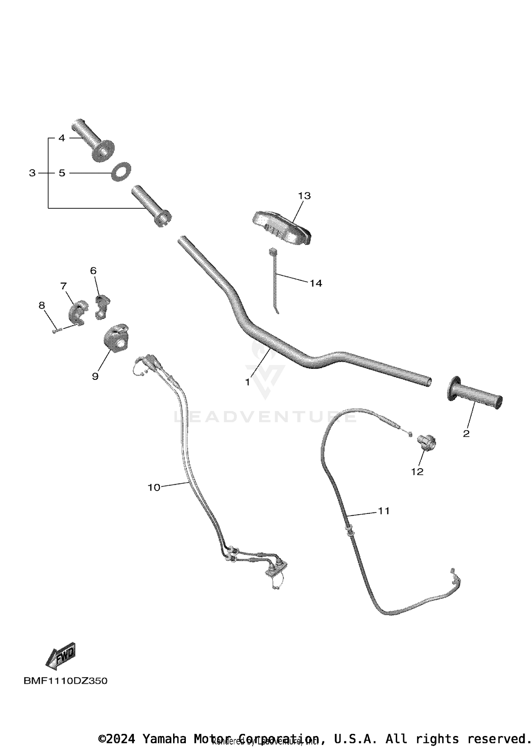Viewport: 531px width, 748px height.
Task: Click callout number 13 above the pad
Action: pos(304,196)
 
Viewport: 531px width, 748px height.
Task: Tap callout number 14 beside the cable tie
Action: pos(316,283)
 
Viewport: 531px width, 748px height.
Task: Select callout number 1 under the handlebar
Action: pos(247,382)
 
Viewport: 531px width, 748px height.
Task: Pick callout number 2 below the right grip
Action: pos(466,434)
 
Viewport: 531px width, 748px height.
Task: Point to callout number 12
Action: pos(417,471)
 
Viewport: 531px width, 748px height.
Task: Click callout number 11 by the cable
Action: pos(384,511)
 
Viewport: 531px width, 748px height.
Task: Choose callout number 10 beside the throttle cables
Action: pos(154,487)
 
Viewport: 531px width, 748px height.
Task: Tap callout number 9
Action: pos(95,376)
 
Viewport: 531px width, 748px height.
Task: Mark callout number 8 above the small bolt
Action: pos(42,305)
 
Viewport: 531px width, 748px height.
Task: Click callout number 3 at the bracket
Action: pos(32,173)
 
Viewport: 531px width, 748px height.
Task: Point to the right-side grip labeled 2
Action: pos(474,393)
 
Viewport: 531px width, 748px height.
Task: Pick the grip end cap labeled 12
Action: pos(426,442)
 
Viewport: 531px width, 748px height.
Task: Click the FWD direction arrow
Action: pos(61,656)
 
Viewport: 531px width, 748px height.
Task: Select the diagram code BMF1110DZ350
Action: pos(65,681)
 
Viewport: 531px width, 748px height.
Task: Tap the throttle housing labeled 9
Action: pos(115,338)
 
